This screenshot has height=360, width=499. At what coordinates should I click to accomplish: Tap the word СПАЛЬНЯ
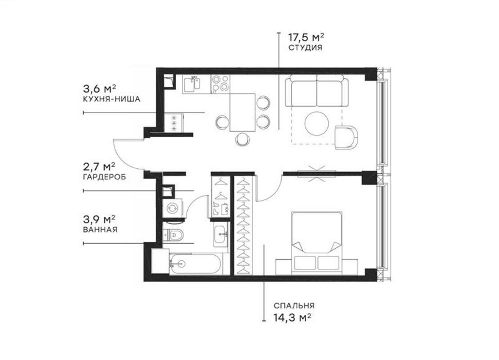point(294,306)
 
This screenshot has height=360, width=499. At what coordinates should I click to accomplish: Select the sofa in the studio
point(317,89)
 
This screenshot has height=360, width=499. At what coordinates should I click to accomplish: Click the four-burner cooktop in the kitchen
point(220,84)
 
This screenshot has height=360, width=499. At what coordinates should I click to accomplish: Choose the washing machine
point(172,207)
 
